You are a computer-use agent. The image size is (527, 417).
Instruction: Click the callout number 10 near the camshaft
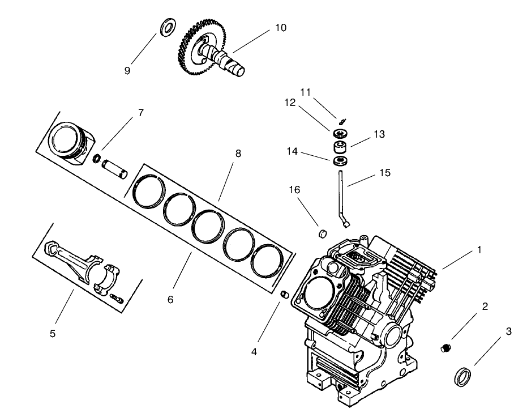coord(281,27)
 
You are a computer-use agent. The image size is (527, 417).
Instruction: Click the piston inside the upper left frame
coord(68,141)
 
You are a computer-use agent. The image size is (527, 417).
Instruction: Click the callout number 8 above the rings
coord(238,153)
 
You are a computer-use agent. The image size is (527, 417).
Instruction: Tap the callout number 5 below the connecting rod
coord(53,334)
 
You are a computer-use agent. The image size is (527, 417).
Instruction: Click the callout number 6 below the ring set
coord(170,300)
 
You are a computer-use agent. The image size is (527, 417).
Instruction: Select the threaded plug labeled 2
coord(446,347)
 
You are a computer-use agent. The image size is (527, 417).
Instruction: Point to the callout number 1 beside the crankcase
coord(479,250)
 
